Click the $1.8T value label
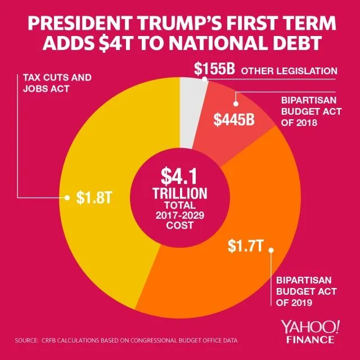(x=91, y=199)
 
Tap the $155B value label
(x=214, y=70)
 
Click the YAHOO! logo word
(x=314, y=326)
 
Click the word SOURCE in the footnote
(x=26, y=341)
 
